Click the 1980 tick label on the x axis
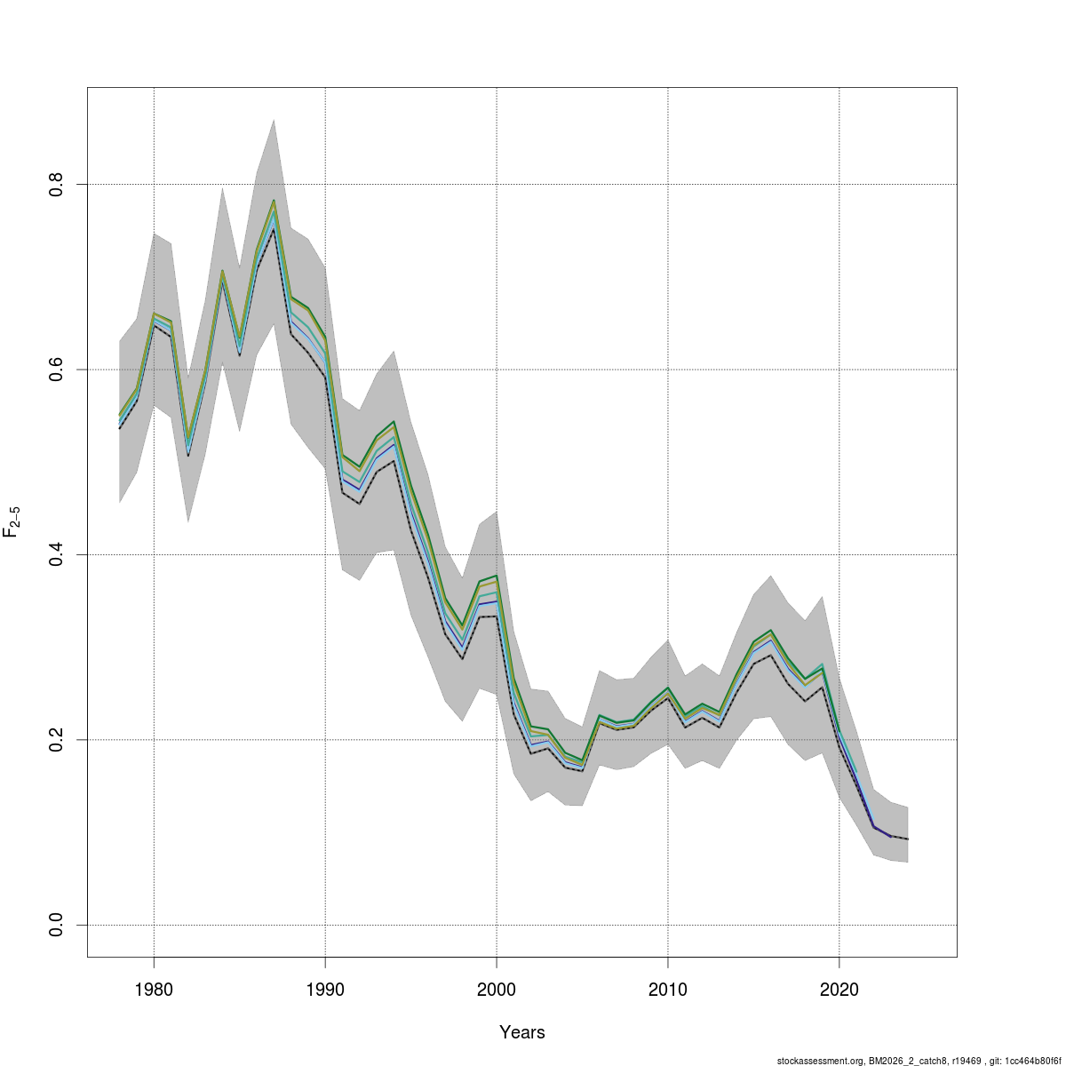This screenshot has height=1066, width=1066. coord(154,989)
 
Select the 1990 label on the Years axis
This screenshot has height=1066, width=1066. coord(325,989)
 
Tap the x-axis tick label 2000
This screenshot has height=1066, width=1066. coord(497,989)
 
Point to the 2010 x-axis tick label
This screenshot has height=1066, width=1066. coord(668,989)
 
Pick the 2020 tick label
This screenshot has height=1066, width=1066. coord(839,989)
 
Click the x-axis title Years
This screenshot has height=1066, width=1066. coord(522,1032)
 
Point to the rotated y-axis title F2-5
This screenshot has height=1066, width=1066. coord(12,521)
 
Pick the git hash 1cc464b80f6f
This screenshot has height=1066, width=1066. coord(1033,1061)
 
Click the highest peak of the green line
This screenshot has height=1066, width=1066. coord(274,200)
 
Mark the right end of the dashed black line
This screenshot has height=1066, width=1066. coord(908,839)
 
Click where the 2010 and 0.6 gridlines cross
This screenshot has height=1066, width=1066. coord(668,369)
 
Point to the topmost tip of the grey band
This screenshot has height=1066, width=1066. coord(274,119)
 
